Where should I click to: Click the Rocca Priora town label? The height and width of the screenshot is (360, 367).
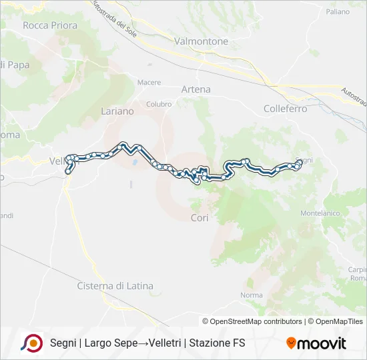(x=50, y=25)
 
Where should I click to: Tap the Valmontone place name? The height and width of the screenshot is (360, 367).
(x=201, y=41)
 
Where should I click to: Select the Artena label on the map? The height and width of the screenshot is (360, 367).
(x=196, y=89)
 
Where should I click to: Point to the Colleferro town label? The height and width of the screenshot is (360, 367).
(x=285, y=108)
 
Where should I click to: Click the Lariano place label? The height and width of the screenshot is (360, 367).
(x=117, y=111)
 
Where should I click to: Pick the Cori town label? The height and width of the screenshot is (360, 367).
(x=200, y=218)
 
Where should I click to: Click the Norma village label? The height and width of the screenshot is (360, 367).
(x=252, y=295)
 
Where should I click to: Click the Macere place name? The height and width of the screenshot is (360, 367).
(x=149, y=83)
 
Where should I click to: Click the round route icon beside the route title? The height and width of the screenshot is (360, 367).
(x=31, y=343)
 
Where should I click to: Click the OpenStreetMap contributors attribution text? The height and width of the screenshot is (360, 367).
(x=256, y=321)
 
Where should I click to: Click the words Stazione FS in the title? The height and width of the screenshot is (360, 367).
(x=218, y=343)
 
